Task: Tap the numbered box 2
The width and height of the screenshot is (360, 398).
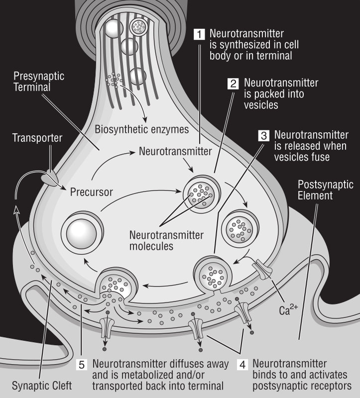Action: (x=233, y=84)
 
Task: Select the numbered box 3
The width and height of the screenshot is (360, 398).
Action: (x=264, y=135)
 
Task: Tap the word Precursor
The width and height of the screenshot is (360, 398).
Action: (x=92, y=191)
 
